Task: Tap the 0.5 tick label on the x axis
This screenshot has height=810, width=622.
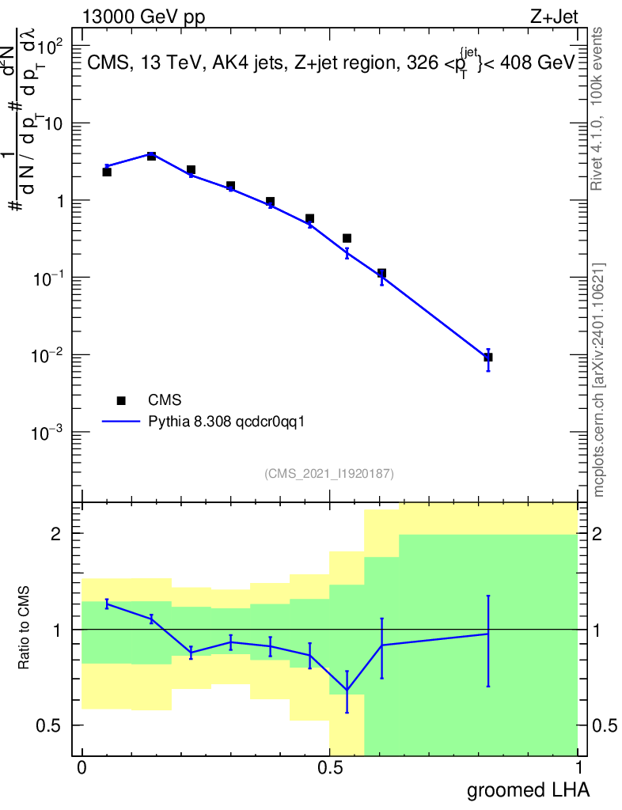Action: click(330, 767)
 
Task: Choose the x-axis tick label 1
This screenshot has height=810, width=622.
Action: click(578, 767)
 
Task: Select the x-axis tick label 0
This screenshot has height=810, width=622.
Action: click(82, 767)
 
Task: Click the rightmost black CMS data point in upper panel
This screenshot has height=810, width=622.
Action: click(488, 358)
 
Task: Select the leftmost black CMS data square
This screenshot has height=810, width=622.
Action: click(107, 172)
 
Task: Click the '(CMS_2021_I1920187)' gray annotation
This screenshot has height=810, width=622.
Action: click(329, 473)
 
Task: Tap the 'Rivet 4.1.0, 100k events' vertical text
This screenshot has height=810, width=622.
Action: click(598, 109)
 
